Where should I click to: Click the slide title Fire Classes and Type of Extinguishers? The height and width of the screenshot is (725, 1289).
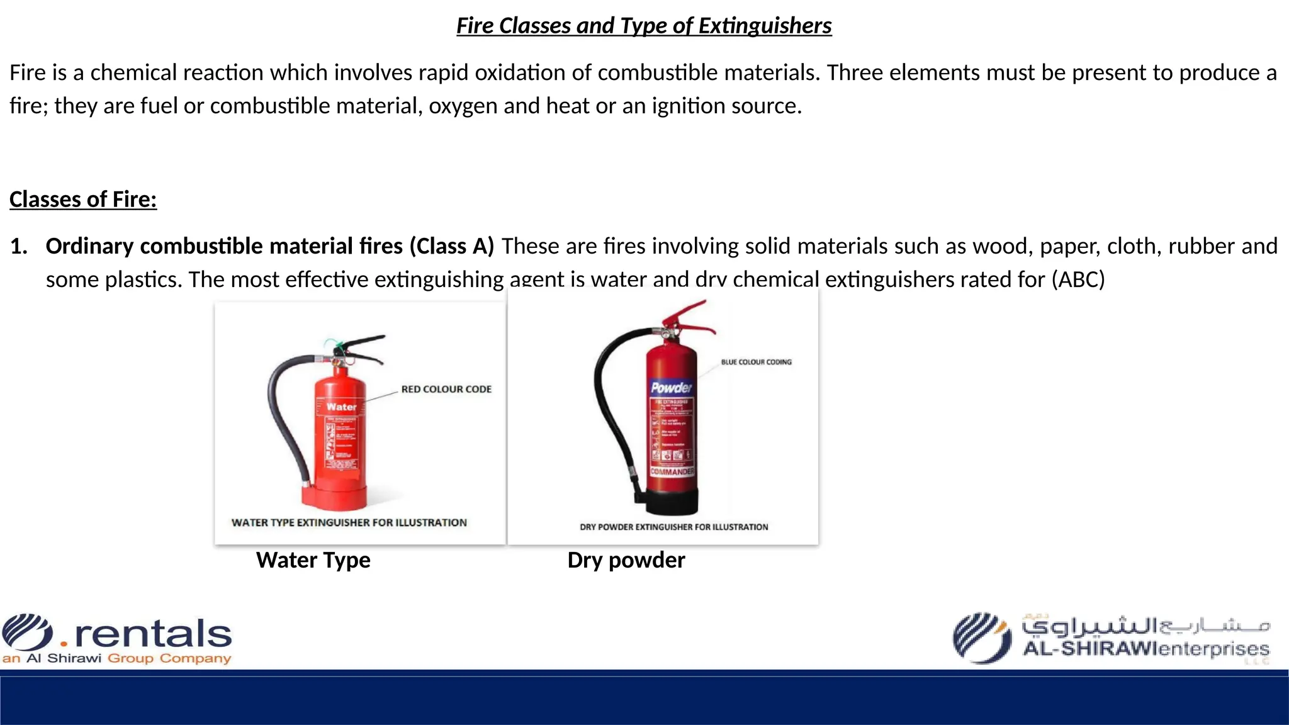coord(644,26)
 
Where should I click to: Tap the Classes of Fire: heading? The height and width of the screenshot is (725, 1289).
coord(83,200)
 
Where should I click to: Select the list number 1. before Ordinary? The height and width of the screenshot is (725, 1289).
coord(19,246)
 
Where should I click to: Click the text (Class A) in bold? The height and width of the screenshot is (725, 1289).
coord(451,246)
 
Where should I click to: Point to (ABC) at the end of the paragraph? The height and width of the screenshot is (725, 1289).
coord(1078,279)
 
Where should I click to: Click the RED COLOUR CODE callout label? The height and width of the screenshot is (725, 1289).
coord(446,390)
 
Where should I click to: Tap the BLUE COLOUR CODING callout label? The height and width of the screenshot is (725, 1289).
coord(756,362)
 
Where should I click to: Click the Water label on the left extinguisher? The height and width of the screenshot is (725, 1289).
coord(341,407)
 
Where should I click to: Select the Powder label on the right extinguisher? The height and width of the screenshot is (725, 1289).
coord(671,388)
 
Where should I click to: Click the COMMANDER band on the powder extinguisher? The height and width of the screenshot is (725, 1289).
coord(672,471)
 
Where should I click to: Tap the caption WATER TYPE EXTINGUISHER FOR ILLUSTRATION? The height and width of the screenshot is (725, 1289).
coord(349,522)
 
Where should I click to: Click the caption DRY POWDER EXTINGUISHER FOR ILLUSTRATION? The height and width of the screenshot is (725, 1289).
coord(673,527)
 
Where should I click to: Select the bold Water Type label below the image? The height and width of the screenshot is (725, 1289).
coord(313,560)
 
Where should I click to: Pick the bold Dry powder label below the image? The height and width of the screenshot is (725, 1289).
coord(626,560)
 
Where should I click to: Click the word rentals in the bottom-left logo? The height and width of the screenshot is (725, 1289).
coord(153,633)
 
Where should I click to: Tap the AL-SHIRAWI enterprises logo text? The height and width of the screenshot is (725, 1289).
coord(1145,648)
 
